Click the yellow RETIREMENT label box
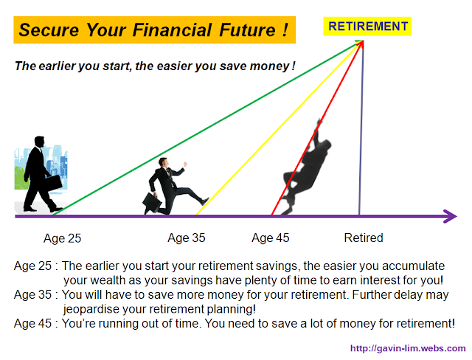pos(368,27)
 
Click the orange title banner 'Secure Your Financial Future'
pos(153,31)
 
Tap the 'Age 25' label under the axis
pos(62,238)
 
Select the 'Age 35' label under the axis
pos(186,238)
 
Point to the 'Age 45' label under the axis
pos(270,238)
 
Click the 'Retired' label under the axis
pos(364,238)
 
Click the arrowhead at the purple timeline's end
pos(450,216)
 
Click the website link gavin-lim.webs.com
pos(407,348)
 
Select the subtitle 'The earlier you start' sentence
pos(155,66)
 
